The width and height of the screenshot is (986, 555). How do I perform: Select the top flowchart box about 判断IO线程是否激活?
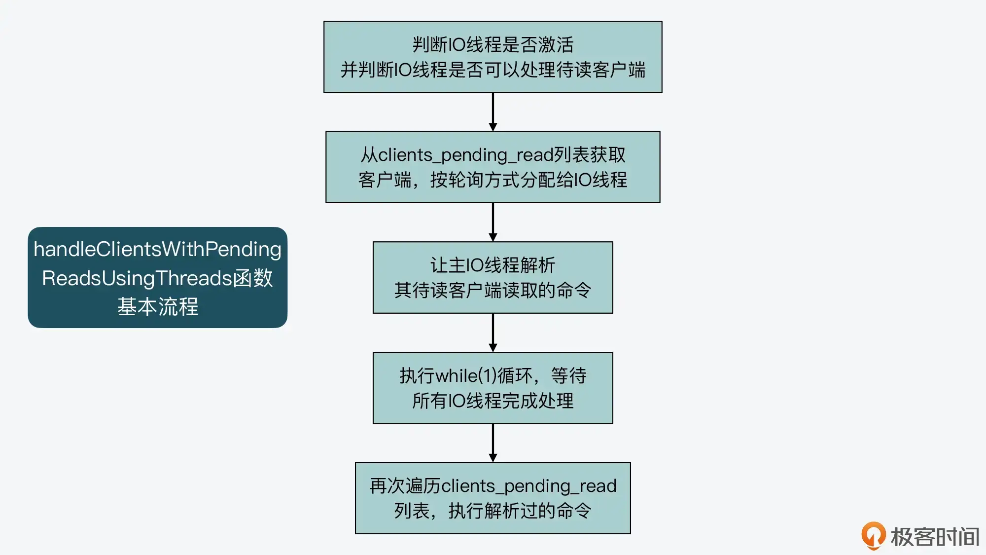pyautogui.click(x=493, y=57)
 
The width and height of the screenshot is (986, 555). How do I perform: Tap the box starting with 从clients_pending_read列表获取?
pyautogui.click(x=493, y=167)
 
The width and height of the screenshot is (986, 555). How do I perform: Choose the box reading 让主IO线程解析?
pyautogui.click(x=493, y=277)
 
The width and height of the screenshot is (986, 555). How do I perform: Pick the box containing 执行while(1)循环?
pyautogui.click(x=493, y=388)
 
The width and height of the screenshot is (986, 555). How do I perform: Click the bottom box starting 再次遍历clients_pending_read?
pyautogui.click(x=493, y=498)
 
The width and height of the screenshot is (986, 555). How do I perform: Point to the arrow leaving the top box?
pyautogui.click(x=493, y=112)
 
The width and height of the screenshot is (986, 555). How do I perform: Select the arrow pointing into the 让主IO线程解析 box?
pyautogui.click(x=493, y=222)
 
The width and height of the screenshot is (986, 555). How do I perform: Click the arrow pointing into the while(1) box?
pyautogui.click(x=493, y=333)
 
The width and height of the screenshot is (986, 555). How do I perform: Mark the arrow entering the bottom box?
pyautogui.click(x=493, y=443)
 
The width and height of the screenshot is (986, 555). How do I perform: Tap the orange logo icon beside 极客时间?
pyautogui.click(x=873, y=535)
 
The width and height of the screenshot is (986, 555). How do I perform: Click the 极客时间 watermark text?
pyautogui.click(x=935, y=537)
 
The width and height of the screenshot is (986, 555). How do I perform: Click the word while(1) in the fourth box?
pyautogui.click(x=465, y=376)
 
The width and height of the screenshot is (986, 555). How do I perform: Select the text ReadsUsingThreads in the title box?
pyautogui.click(x=137, y=278)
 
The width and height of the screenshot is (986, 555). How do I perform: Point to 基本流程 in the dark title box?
pyautogui.click(x=158, y=307)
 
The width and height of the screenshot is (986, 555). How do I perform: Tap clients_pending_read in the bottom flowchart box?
pyautogui.click(x=529, y=486)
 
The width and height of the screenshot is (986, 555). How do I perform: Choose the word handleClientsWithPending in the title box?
pyautogui.click(x=158, y=249)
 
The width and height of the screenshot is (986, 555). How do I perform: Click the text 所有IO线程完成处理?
pyautogui.click(x=493, y=401)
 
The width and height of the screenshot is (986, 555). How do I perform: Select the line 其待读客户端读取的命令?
pyautogui.click(x=493, y=290)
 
